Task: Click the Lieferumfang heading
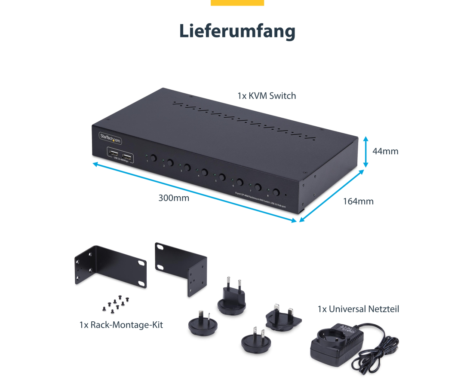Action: click(237, 32)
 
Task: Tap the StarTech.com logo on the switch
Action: click(111, 137)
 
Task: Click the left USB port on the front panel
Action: click(114, 155)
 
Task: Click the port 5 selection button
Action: click(222, 177)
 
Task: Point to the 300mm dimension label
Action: click(174, 198)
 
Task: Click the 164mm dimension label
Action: click(358, 201)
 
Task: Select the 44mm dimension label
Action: click(385, 151)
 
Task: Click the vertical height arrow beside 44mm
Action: click(365, 152)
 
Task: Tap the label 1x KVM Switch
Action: click(267, 96)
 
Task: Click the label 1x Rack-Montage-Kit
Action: click(121, 325)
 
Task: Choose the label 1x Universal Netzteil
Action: click(358, 309)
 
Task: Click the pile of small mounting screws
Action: click(114, 304)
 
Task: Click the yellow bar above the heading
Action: click(237, 3)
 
